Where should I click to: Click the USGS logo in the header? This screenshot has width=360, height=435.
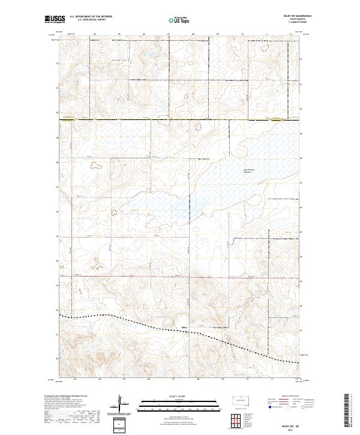click(x=55, y=20)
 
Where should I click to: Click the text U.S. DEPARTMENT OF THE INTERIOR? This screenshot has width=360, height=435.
click(x=91, y=17)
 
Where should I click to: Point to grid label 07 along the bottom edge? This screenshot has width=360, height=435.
click(x=173, y=379)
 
